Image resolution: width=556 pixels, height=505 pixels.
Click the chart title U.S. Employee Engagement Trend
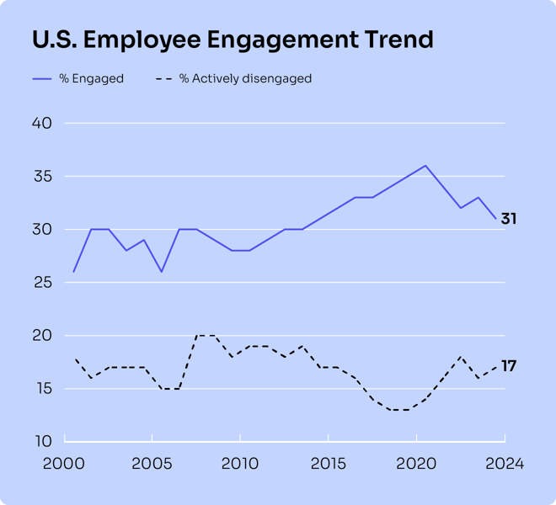233,40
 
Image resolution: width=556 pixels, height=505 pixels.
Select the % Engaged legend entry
78,79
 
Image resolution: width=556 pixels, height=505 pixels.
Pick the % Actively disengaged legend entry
233,79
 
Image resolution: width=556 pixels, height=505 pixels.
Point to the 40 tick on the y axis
42,124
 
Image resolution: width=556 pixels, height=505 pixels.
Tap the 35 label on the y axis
42,177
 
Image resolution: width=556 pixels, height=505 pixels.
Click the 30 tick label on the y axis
42,230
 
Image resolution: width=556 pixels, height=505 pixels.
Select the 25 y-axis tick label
42,283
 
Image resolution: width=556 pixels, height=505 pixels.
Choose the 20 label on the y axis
42,336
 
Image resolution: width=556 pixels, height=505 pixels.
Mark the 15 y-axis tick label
42,389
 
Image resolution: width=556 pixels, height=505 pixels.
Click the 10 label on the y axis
42,442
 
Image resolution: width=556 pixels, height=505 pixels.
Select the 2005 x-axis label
152,464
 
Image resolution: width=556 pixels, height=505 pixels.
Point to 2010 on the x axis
240,464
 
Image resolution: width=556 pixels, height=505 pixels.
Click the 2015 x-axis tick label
329,464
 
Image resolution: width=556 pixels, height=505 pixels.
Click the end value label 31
509,219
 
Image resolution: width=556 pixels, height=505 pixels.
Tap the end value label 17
509,366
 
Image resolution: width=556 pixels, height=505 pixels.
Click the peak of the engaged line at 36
425,166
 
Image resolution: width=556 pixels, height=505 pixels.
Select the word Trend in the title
396,40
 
